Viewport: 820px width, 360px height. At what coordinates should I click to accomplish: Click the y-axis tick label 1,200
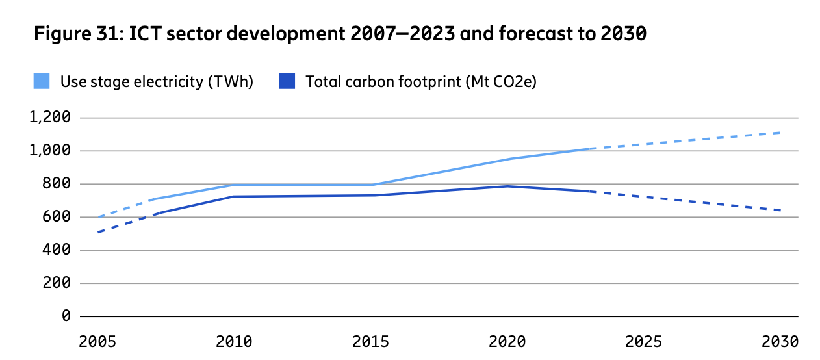[49, 118]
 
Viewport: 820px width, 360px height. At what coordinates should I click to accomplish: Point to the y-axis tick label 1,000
[49, 151]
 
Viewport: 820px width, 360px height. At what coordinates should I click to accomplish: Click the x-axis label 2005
[98, 341]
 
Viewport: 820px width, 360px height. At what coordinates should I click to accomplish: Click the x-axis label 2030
[780, 341]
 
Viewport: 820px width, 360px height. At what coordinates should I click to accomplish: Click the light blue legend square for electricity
[42, 82]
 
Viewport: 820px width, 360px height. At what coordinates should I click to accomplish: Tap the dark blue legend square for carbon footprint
[287, 82]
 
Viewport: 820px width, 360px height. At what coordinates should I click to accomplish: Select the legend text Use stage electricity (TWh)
[157, 82]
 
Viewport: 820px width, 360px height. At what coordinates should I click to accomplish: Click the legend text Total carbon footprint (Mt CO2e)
[420, 82]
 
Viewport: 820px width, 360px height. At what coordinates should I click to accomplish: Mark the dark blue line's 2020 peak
[507, 186]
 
